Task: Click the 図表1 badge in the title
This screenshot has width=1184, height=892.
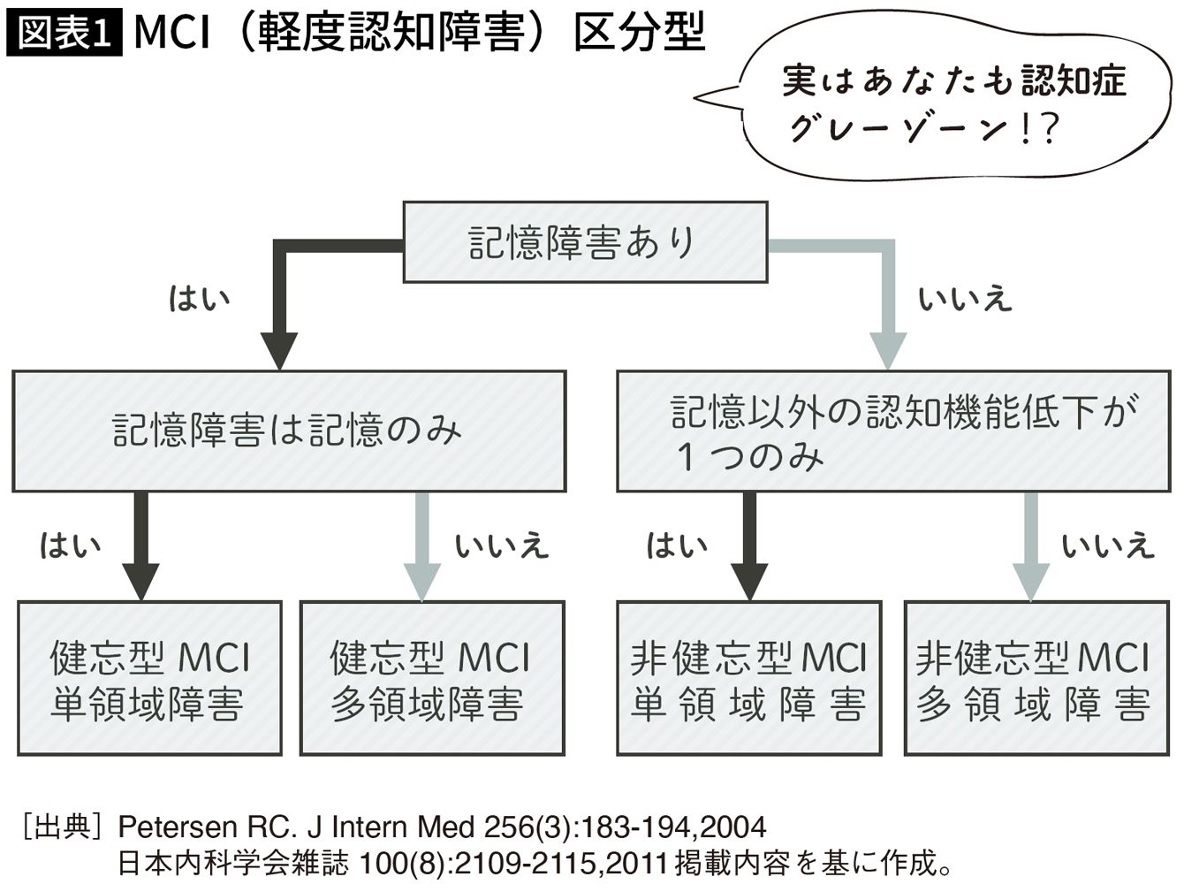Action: tap(64, 34)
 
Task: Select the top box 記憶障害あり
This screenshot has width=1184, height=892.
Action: tap(585, 242)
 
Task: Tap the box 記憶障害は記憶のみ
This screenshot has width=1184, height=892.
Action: tap(288, 431)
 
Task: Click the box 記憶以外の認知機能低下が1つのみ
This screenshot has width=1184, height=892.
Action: tap(893, 431)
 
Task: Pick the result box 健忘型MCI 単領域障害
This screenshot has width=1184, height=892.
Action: tap(149, 678)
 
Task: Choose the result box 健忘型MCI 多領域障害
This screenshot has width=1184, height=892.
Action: tap(432, 678)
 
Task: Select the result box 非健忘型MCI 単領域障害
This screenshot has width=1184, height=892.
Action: tap(748, 678)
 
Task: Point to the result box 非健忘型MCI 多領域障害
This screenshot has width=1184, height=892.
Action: tap(1036, 678)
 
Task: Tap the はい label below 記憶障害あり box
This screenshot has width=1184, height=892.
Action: tap(200, 298)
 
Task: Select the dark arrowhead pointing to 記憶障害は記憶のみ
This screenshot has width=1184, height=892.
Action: tap(279, 351)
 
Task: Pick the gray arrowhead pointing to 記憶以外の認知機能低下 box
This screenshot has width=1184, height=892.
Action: tap(888, 351)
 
